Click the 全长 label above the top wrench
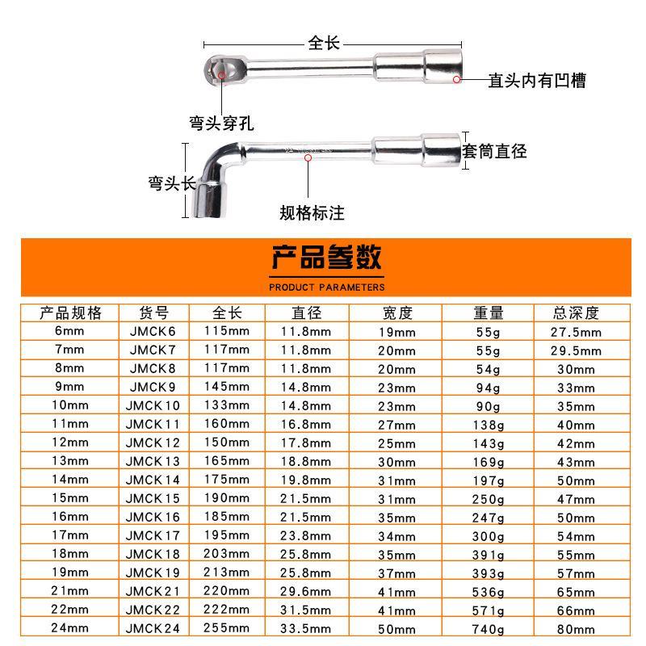pyautogui.click(x=324, y=43)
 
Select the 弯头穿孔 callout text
pyautogui.click(x=221, y=124)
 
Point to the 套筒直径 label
pyautogui.click(x=494, y=150)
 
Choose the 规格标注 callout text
pyautogui.click(x=312, y=213)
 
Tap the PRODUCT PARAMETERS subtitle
pyautogui.click(x=326, y=287)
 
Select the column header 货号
pyautogui.click(x=153, y=313)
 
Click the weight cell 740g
pyautogui.click(x=488, y=629)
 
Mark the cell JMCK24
pyautogui.click(x=153, y=629)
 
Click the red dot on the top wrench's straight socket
pyautogui.click(x=456, y=79)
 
